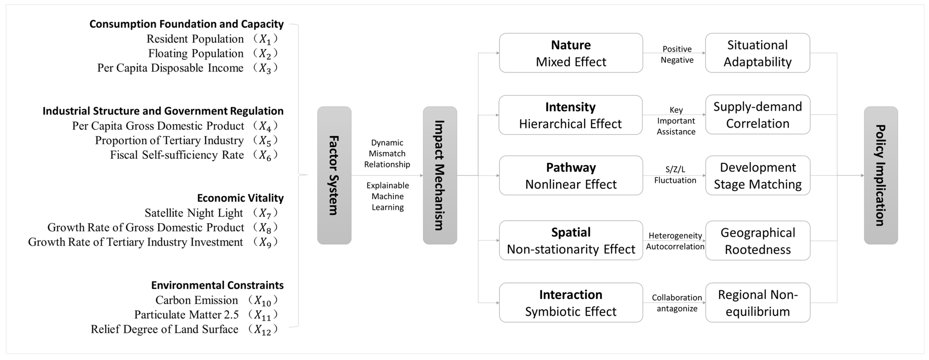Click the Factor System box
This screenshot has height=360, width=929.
[x=334, y=175]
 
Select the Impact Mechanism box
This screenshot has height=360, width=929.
[x=440, y=175]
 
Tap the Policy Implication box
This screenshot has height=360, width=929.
[x=881, y=175]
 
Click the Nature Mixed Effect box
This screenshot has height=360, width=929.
[x=571, y=53]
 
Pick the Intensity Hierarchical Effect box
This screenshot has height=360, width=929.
[x=571, y=115]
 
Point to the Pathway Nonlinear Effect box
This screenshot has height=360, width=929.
[x=571, y=176]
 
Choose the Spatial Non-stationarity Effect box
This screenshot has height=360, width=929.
[x=571, y=241]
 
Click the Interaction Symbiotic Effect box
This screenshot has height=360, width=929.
[x=571, y=303]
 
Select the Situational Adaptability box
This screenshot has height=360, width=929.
[x=758, y=53]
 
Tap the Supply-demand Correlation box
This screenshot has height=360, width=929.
[x=758, y=115]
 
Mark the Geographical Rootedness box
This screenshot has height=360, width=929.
[x=758, y=241]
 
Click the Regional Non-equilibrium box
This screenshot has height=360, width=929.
[x=758, y=303]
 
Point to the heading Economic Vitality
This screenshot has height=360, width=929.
[x=240, y=198]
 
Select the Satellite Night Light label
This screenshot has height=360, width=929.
[x=194, y=213]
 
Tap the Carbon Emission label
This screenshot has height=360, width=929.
[x=197, y=300]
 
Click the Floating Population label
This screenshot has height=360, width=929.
[x=196, y=53]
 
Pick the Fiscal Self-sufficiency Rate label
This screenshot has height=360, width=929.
[x=177, y=155]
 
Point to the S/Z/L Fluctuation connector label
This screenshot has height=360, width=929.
[x=675, y=175]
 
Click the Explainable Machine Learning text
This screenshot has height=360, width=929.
[x=388, y=196]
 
